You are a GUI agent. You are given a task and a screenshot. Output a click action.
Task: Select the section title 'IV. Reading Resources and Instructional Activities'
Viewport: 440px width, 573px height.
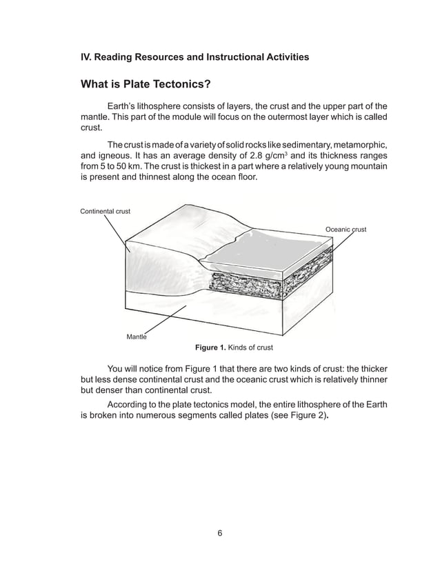194,57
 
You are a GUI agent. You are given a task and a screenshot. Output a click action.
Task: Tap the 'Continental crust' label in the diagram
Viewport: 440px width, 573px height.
105,211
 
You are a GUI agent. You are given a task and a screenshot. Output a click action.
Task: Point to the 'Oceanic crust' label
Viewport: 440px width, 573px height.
346,229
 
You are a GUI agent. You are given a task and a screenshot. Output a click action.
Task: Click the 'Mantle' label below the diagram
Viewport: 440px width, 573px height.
136,336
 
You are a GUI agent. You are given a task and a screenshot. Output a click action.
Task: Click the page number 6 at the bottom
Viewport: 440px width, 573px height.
219,532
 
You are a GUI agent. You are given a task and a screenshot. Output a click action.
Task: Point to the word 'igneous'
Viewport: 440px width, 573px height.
120,155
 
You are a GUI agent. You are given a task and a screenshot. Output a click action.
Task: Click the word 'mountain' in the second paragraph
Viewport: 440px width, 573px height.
367,167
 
